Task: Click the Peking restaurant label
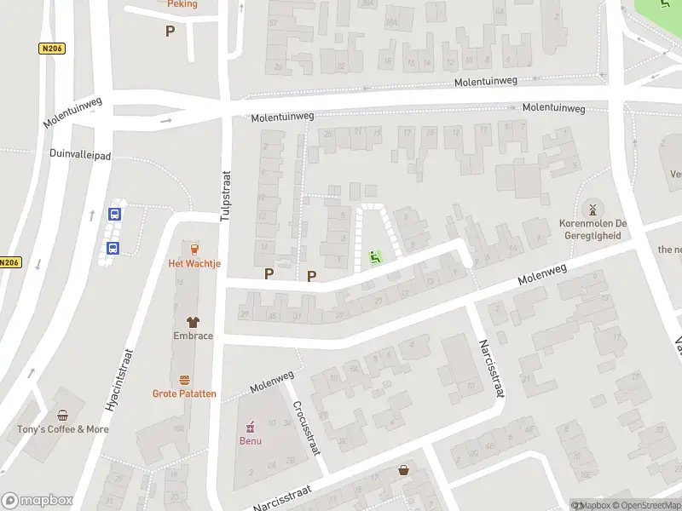[x=182, y=4]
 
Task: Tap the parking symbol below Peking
[x=170, y=32]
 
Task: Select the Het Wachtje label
[x=194, y=264]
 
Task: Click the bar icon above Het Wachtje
[x=194, y=250]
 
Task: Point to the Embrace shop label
[x=194, y=336]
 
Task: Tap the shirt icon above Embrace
[x=194, y=322]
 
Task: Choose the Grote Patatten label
[x=184, y=393]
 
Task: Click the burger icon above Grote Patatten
[x=184, y=380]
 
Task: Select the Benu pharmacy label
[x=250, y=441]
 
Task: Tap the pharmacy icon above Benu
[x=250, y=427]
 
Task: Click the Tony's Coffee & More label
[x=63, y=429]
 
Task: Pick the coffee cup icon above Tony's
[x=62, y=416]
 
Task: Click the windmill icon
[x=592, y=209]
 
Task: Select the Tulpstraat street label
[x=226, y=192]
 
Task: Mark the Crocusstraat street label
[x=305, y=428]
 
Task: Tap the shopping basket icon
[x=403, y=469]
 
